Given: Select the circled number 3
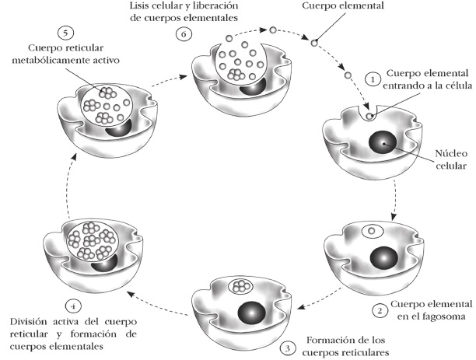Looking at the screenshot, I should click(x=289, y=348).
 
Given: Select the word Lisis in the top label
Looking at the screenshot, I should click(x=145, y=6).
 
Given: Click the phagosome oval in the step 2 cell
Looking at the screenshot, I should click(x=374, y=232).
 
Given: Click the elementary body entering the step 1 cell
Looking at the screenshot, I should click(x=369, y=117).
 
